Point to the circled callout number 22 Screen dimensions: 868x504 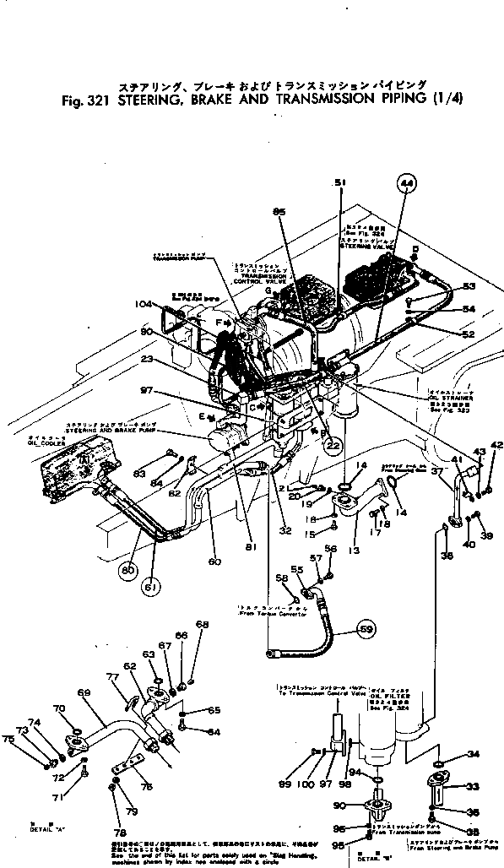coord(333,446)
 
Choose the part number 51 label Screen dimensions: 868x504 coord(340,182)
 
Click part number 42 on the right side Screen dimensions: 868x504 coord(496,445)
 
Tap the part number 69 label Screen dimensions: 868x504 coord(84,692)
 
